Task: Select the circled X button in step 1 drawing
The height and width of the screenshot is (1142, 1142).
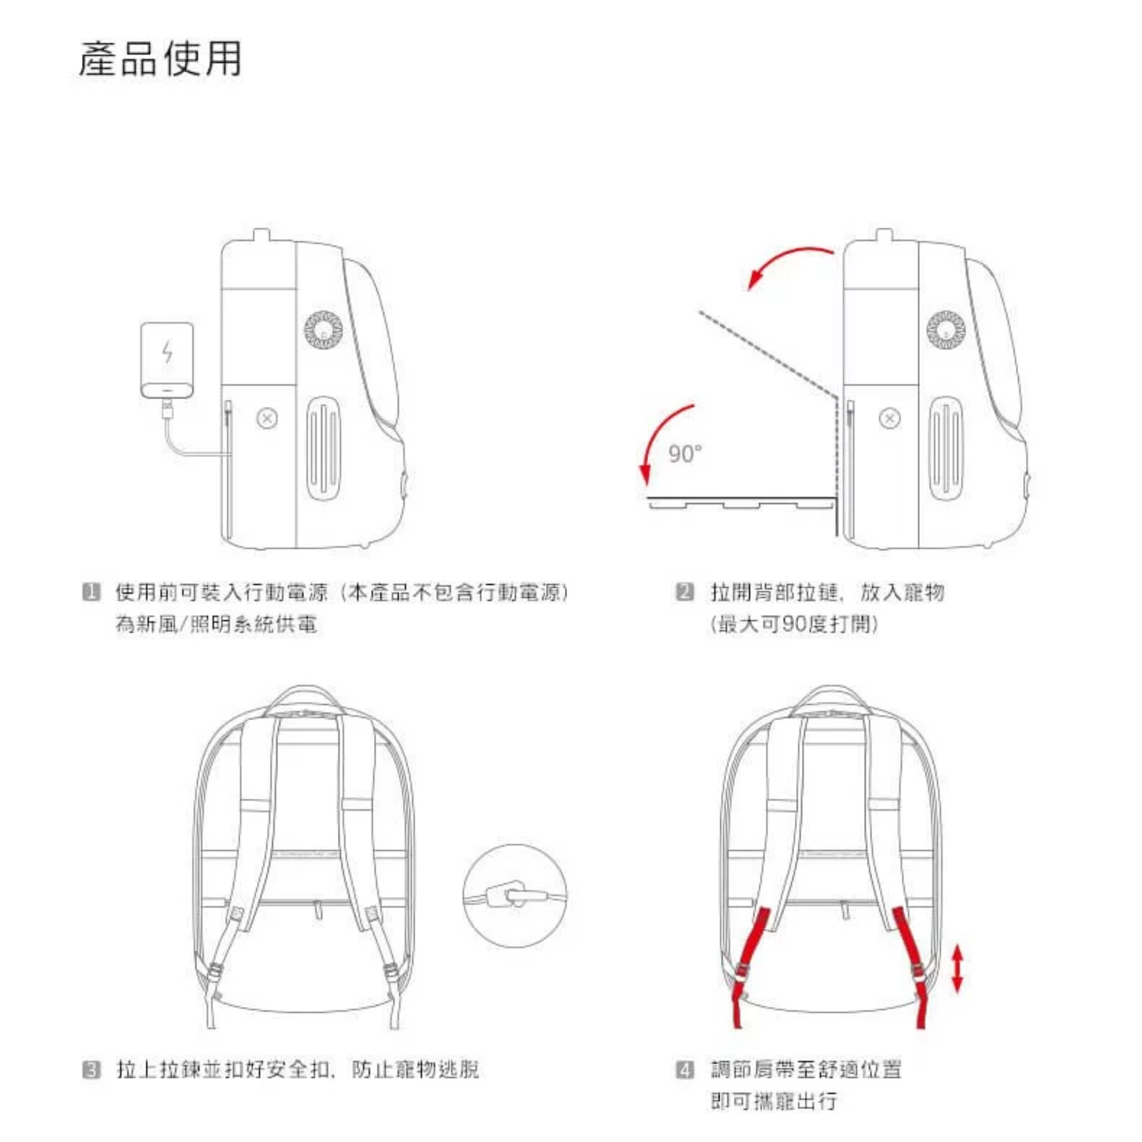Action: coord(267,419)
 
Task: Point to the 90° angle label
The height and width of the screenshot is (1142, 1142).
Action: coord(685,454)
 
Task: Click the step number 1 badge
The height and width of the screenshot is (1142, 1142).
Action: coord(91,591)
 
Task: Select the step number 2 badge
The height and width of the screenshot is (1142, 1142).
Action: coord(685,591)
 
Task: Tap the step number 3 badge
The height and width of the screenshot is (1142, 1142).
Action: coord(91,1070)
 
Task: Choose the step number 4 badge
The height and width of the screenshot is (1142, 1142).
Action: coord(685,1070)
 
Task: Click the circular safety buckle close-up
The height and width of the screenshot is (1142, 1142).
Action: coord(515,896)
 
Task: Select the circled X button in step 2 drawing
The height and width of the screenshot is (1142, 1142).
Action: coord(890,419)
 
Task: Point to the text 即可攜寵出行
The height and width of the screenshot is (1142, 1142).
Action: coord(774,1101)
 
